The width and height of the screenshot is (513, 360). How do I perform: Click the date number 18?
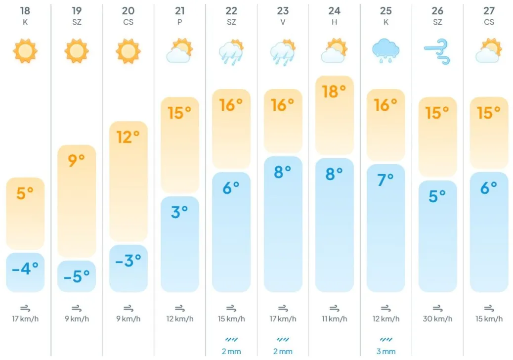pyautogui.click(x=25, y=10)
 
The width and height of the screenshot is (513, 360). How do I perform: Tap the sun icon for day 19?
pyautogui.click(x=77, y=50)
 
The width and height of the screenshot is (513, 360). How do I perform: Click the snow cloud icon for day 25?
pyautogui.click(x=385, y=51)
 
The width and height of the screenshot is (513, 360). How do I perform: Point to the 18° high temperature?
pyautogui.click(x=334, y=91)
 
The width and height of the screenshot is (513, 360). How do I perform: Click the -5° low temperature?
pyautogui.click(x=77, y=275)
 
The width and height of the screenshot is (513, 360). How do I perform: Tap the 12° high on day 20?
pyautogui.click(x=128, y=136)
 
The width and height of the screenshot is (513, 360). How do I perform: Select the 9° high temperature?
pyautogui.click(x=77, y=160)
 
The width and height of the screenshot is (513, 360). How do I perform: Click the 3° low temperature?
pyautogui.click(x=179, y=212)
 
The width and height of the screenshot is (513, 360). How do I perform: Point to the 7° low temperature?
pyautogui.click(x=385, y=180)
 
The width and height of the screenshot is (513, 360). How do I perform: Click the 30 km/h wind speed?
pyautogui.click(x=437, y=319)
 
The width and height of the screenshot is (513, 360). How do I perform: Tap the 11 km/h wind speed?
pyautogui.click(x=334, y=319)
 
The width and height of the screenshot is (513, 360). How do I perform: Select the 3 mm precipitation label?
pyautogui.click(x=385, y=352)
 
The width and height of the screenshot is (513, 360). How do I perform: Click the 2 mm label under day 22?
pyautogui.click(x=231, y=352)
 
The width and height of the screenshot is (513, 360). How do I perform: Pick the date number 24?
pyautogui.click(x=334, y=10)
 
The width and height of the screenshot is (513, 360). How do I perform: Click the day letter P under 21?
pyautogui.click(x=179, y=22)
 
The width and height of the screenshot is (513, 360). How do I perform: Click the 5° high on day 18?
pyautogui.click(x=25, y=193)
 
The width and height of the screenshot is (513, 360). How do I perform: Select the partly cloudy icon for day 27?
pyautogui.click(x=488, y=51)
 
